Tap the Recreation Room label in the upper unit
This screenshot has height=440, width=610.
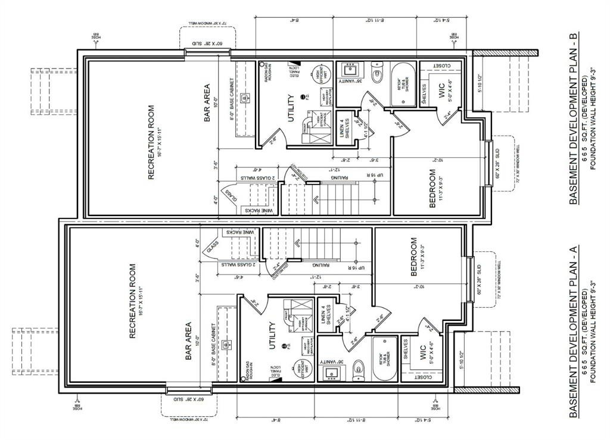[151, 143]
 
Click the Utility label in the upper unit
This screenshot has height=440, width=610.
[291, 107]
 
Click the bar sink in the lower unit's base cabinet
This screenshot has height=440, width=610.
[226, 344]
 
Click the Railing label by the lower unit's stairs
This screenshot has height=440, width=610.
[313, 276]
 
